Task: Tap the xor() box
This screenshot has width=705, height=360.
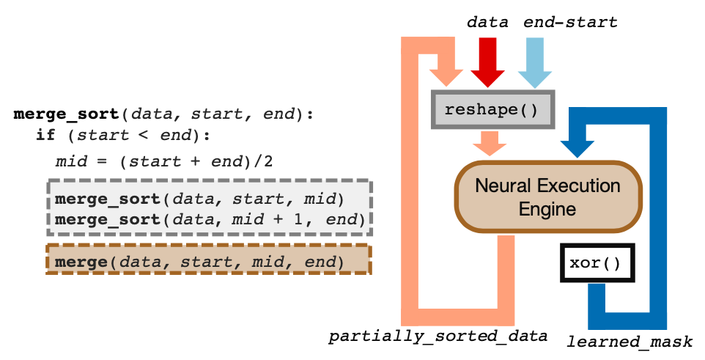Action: coord(597,262)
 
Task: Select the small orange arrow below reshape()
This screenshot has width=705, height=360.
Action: coord(490,144)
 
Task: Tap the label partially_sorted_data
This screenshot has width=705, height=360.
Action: coord(438,337)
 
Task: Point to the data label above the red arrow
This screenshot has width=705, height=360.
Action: coord(487,22)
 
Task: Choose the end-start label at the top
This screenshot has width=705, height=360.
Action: coord(570,22)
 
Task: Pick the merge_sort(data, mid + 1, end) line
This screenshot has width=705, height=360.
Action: coord(210,219)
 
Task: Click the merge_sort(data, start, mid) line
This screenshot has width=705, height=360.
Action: coord(199,199)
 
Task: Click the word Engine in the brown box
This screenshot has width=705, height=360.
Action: coord(547,209)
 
